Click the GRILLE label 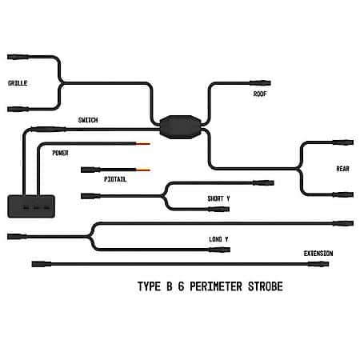[x=18, y=83]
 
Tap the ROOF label [x=260, y=94]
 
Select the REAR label [x=342, y=169]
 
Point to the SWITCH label [x=88, y=120]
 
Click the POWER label [x=60, y=153]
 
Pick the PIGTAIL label [x=115, y=179]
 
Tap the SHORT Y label [x=218, y=198]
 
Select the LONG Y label [x=218, y=239]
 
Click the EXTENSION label [x=318, y=254]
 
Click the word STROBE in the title [x=266, y=286]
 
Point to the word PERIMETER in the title [x=216, y=286]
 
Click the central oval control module [x=180, y=127]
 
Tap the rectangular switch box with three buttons [x=31, y=206]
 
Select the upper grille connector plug [x=18, y=57]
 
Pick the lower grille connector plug [x=18, y=109]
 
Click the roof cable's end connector [x=260, y=83]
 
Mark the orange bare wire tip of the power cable [x=143, y=144]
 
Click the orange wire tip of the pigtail [x=143, y=170]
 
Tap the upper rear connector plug [x=343, y=142]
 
